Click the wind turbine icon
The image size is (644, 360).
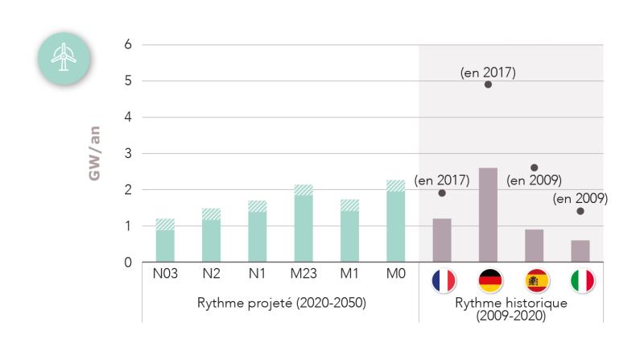click(x=62, y=56)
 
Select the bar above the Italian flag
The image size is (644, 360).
click(x=580, y=251)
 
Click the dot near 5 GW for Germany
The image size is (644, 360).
click(x=488, y=85)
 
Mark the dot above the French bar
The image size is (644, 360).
click(x=442, y=193)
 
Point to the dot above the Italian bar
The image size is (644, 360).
click(x=580, y=211)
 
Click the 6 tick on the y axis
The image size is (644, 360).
click(x=127, y=44)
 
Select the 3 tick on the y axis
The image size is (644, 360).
click(x=127, y=153)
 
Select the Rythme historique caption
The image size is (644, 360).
click(x=512, y=309)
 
